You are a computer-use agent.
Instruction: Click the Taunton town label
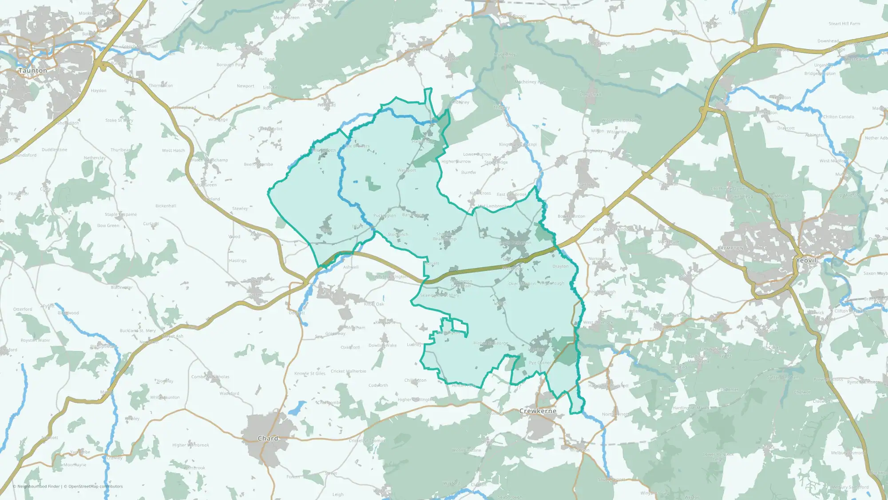(x=33, y=71)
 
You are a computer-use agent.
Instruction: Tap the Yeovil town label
(x=806, y=260)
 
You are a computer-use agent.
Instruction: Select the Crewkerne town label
(x=538, y=411)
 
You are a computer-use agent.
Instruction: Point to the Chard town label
(x=268, y=438)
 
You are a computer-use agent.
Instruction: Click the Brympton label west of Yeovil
(x=730, y=248)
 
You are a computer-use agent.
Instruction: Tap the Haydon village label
(x=99, y=91)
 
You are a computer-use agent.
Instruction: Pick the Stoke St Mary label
(x=119, y=120)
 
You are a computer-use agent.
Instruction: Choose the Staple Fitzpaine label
(x=121, y=214)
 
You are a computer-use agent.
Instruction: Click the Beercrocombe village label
(x=258, y=164)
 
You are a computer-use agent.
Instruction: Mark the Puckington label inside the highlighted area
(x=385, y=216)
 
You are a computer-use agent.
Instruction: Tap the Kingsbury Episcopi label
(x=518, y=144)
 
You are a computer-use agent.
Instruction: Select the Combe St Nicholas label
(x=210, y=377)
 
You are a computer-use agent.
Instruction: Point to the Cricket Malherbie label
(x=349, y=371)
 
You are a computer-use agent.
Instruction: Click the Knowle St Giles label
(x=310, y=373)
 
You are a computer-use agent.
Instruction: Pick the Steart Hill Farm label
(x=844, y=24)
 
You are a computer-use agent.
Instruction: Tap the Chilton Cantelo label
(x=838, y=117)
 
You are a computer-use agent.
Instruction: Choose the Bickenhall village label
(x=166, y=206)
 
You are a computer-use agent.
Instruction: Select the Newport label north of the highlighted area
(x=246, y=86)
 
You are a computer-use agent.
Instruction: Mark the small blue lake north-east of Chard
(x=297, y=408)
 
